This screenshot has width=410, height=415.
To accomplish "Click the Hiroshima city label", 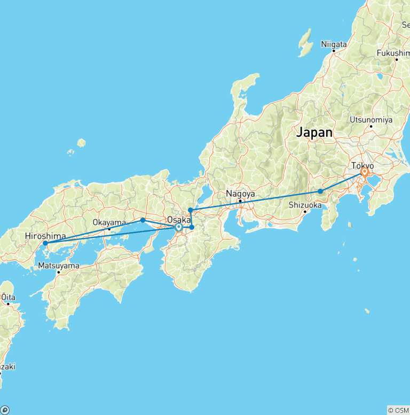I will click(x=45, y=236).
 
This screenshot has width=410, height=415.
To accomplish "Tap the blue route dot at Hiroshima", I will click(x=45, y=243).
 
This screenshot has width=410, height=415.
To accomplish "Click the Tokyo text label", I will click(x=362, y=166).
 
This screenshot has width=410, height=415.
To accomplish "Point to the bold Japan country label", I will click(x=314, y=132).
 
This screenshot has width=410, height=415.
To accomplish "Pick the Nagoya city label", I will click(x=240, y=194).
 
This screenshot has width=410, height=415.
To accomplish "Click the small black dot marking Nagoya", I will click(x=240, y=201).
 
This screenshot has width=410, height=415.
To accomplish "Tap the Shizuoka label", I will click(x=305, y=205).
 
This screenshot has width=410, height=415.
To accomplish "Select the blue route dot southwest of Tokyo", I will click(x=320, y=191).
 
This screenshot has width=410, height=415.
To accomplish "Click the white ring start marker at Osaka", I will click(x=178, y=227).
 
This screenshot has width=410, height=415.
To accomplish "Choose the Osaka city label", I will click(x=179, y=219).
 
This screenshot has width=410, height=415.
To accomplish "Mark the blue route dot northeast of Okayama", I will click(x=143, y=220).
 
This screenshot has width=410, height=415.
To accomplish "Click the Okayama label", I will click(x=109, y=222).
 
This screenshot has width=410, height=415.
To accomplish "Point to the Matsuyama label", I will click(x=59, y=265).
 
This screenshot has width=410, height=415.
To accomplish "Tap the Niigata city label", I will click(x=334, y=44).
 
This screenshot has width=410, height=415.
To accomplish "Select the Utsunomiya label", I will click(x=371, y=119).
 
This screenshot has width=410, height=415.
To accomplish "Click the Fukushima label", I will click(x=393, y=53).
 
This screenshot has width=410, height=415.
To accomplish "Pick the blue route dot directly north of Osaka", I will click(x=190, y=210).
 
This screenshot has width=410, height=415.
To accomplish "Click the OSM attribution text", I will click(x=398, y=410).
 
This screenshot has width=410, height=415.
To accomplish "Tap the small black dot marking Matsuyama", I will click(x=59, y=272).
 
